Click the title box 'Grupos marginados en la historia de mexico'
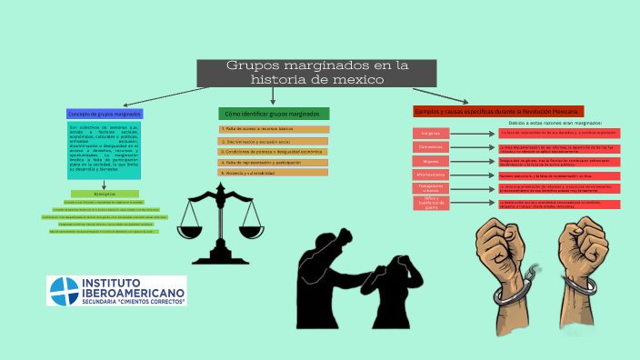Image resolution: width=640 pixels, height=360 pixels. pos(318,73)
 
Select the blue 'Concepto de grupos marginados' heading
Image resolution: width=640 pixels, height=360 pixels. pos(104,114)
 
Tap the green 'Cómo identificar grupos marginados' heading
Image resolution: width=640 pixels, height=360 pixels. pos(274,114)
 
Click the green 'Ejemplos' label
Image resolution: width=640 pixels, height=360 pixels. pos(105,194)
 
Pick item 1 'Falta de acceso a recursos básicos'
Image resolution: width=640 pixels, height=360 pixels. pos(274,129)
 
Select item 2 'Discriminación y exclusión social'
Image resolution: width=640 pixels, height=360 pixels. pos(274,141)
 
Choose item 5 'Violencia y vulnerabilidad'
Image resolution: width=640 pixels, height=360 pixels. pos(274,172)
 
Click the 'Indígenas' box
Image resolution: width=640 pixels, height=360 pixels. pos(431,133)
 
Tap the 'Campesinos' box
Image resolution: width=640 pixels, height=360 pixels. pos(431,146)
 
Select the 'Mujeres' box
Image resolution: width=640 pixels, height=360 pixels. pos(431,161)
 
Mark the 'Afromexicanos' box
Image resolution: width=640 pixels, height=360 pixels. pos(431,175)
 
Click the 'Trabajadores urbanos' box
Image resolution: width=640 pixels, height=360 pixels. pos(431,188)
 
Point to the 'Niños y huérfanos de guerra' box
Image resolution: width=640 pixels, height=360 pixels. pos(431,203)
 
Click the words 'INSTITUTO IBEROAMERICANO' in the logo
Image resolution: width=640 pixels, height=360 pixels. pos(133,289)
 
